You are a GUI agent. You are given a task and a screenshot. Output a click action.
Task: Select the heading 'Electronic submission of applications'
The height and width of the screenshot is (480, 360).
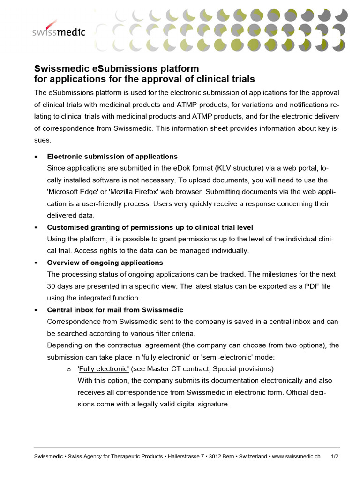pyautogui.click(x=112, y=156)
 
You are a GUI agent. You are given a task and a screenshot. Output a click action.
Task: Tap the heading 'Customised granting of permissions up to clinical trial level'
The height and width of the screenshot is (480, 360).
pyautogui.click(x=150, y=227)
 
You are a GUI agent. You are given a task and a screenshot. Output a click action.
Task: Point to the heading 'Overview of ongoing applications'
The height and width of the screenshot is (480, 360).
pyautogui.click(x=105, y=262)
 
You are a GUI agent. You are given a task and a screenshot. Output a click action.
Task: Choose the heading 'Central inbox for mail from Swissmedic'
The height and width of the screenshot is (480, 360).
pyautogui.click(x=115, y=310)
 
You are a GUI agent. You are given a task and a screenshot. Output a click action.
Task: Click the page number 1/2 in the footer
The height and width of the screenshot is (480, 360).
pyautogui.click(x=335, y=456)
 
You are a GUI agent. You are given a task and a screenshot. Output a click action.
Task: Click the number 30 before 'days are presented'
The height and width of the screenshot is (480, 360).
pyautogui.click(x=52, y=286)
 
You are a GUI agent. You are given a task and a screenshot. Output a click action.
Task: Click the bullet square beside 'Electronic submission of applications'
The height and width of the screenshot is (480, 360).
pyautogui.click(x=36, y=157)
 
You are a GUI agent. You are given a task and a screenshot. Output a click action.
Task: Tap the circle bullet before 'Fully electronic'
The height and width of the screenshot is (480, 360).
pyautogui.click(x=69, y=369)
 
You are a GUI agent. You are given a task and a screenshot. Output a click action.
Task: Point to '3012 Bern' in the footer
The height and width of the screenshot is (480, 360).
pyautogui.click(x=222, y=456)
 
